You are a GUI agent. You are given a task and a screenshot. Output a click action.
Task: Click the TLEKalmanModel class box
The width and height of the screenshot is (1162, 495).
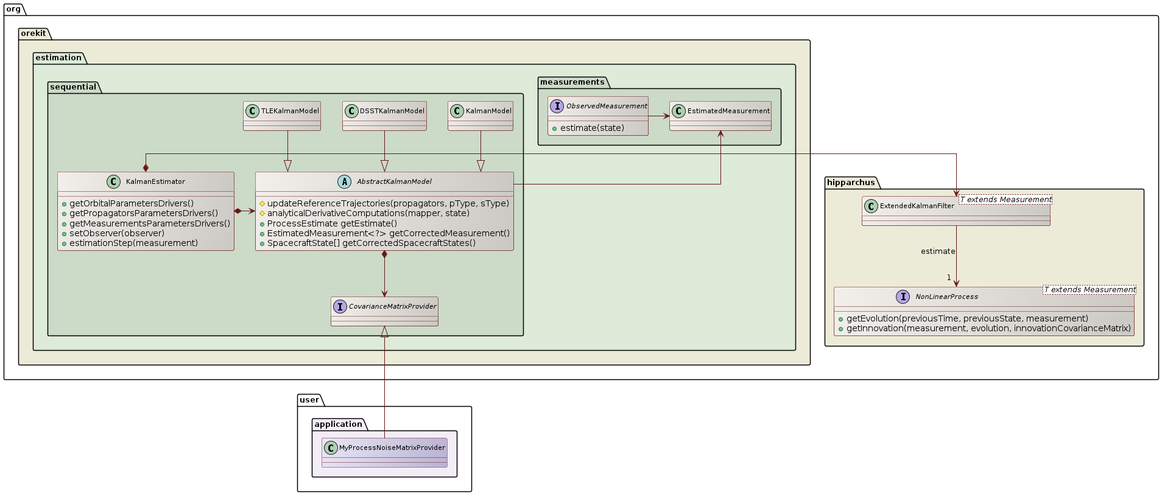(x=282, y=116)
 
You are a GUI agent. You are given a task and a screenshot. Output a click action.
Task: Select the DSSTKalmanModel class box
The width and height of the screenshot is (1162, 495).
(x=384, y=116)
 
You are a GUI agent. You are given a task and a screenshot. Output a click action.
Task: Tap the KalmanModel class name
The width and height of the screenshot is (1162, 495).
(x=488, y=111)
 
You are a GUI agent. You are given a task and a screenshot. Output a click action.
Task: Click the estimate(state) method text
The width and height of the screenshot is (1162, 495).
(x=591, y=128)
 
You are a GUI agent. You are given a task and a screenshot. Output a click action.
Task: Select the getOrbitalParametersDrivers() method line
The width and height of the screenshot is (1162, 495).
(x=132, y=203)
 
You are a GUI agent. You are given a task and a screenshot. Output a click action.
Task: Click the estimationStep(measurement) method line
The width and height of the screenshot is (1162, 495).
(x=133, y=243)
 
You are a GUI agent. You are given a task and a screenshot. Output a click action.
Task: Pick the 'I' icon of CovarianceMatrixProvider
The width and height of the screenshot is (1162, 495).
(x=340, y=306)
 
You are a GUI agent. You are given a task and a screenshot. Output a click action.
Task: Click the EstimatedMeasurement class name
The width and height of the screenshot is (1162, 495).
(x=728, y=111)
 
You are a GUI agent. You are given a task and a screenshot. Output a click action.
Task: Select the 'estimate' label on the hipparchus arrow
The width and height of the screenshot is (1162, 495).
(x=937, y=251)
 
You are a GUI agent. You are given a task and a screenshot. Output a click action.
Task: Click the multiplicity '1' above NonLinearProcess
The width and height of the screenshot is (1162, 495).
(x=949, y=278)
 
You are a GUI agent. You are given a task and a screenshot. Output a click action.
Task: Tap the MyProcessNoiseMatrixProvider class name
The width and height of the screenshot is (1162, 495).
(x=392, y=448)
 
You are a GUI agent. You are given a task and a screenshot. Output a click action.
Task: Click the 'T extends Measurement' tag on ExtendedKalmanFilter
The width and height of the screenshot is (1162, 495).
(x=1005, y=200)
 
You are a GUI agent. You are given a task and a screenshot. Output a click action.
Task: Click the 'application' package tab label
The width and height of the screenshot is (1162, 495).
(x=338, y=424)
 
